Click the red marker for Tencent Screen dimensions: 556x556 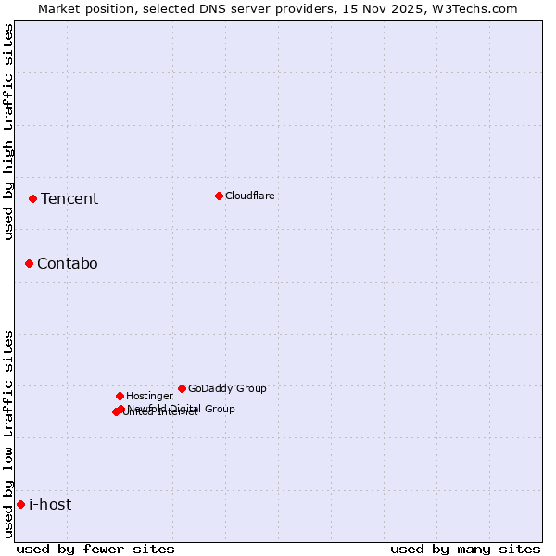point(32,198)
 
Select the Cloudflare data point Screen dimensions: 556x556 point(219,196)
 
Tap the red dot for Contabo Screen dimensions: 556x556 point(29,263)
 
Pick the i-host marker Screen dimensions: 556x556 point(20,504)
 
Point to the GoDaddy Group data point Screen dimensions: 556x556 point(182,388)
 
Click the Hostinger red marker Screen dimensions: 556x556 point(120,396)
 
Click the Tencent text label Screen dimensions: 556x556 point(69,198)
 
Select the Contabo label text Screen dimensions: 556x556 point(68,263)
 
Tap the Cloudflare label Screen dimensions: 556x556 point(250,196)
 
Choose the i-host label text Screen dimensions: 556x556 point(50,504)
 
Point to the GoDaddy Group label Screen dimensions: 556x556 point(227,388)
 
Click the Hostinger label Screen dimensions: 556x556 point(149,396)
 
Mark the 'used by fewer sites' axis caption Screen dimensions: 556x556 point(95,549)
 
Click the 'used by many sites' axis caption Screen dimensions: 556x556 point(465,549)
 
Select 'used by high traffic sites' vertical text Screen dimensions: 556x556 point(8,133)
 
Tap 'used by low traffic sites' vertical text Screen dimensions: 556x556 point(8,434)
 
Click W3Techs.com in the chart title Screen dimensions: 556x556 point(477,8)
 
